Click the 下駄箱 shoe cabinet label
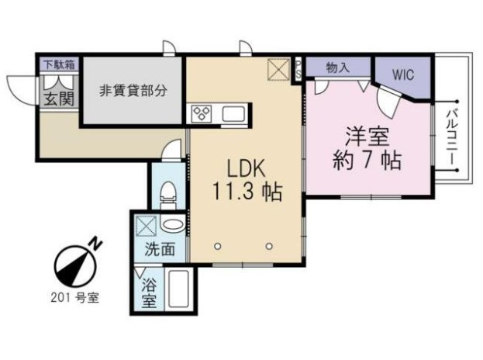coord(59,64)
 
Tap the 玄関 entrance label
coord(59,99)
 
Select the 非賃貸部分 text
coord(133,91)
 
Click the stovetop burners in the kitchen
coord(202,113)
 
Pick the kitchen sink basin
coord(233,114)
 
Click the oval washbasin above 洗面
coord(173,225)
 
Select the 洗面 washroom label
coord(160,249)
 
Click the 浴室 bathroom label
coord(149,293)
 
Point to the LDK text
coord(246,169)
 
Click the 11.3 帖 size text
coord(247,192)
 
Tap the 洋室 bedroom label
coord(367,137)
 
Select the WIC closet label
coord(403,75)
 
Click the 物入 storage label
coord(337,67)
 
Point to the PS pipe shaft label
coord(298,70)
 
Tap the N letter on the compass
coord(96,244)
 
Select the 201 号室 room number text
coord(75,298)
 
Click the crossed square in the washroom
coord(147,226)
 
